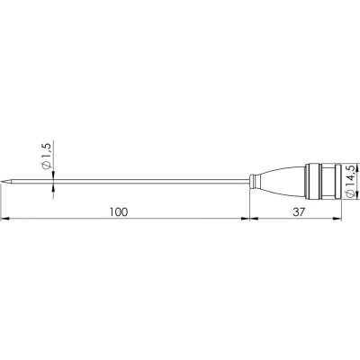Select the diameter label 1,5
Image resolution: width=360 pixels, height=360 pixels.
click(48, 150)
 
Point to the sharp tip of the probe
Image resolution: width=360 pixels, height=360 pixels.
click(2, 181)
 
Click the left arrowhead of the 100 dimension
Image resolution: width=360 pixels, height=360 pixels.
click(5, 219)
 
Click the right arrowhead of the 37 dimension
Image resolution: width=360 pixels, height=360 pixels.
click(337, 219)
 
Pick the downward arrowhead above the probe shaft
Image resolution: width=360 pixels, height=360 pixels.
click(53, 175)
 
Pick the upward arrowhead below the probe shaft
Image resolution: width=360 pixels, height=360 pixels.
click(53, 187)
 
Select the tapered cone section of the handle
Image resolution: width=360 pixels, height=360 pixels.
click(282, 181)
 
